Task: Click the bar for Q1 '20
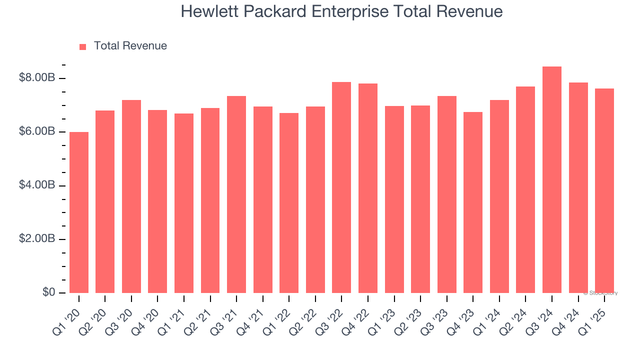point(79,212)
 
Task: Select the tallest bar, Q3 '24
point(552,180)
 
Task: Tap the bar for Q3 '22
point(341,187)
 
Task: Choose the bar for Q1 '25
point(604,190)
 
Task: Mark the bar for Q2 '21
point(210,200)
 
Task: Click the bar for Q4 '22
point(368,188)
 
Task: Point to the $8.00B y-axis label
point(36,78)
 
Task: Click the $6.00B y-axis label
point(36,131)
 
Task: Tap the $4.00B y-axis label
point(36,185)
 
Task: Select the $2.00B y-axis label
point(36,239)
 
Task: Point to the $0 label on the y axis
point(48,292)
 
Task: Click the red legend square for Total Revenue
point(83,47)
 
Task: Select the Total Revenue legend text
point(130,46)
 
